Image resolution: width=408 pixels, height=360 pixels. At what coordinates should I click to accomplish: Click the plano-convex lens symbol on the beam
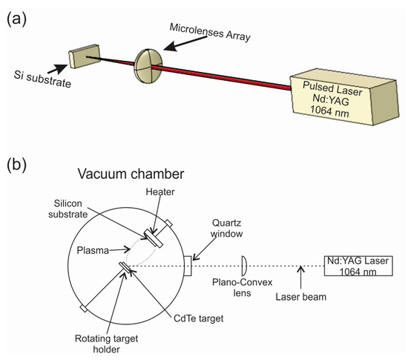[x=244, y=266]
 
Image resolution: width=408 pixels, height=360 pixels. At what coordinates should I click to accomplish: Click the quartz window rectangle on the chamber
[x=188, y=266]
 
